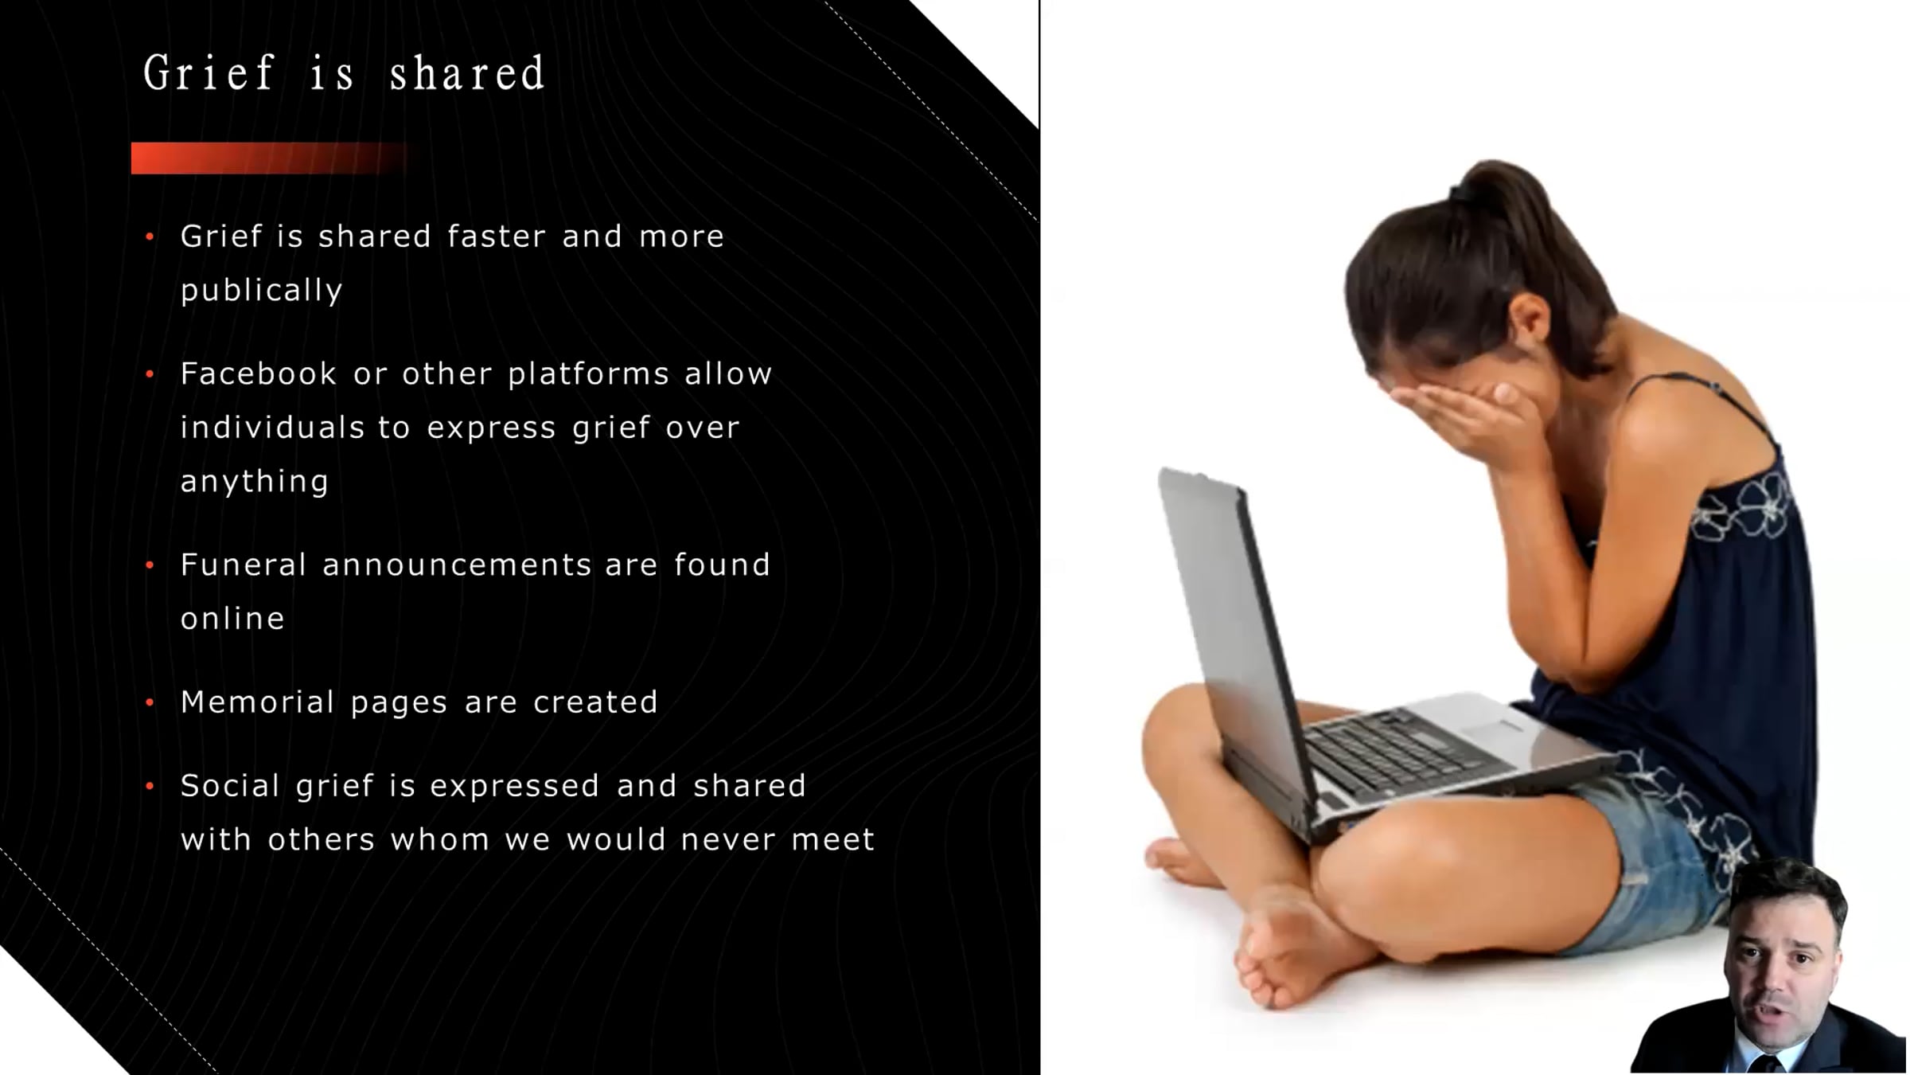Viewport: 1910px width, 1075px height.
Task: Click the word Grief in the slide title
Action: [x=209, y=72]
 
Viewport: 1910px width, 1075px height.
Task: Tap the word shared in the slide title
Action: [x=467, y=72]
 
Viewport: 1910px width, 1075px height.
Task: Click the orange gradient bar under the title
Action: [x=271, y=158]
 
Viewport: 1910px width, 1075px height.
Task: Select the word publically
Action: [x=261, y=290]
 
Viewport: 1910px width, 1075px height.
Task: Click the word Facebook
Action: [x=259, y=373]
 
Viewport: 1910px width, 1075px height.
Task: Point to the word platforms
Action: [x=589, y=374]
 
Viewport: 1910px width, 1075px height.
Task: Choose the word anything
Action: [x=255, y=482]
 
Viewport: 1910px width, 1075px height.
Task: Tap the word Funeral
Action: [x=244, y=565]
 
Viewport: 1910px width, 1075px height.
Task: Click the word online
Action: [x=232, y=618]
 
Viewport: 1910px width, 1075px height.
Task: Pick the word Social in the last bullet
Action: [x=230, y=785]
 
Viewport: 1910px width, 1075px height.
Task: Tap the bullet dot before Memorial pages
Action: [x=150, y=702]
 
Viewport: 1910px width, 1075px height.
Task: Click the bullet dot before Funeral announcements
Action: [x=150, y=565]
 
